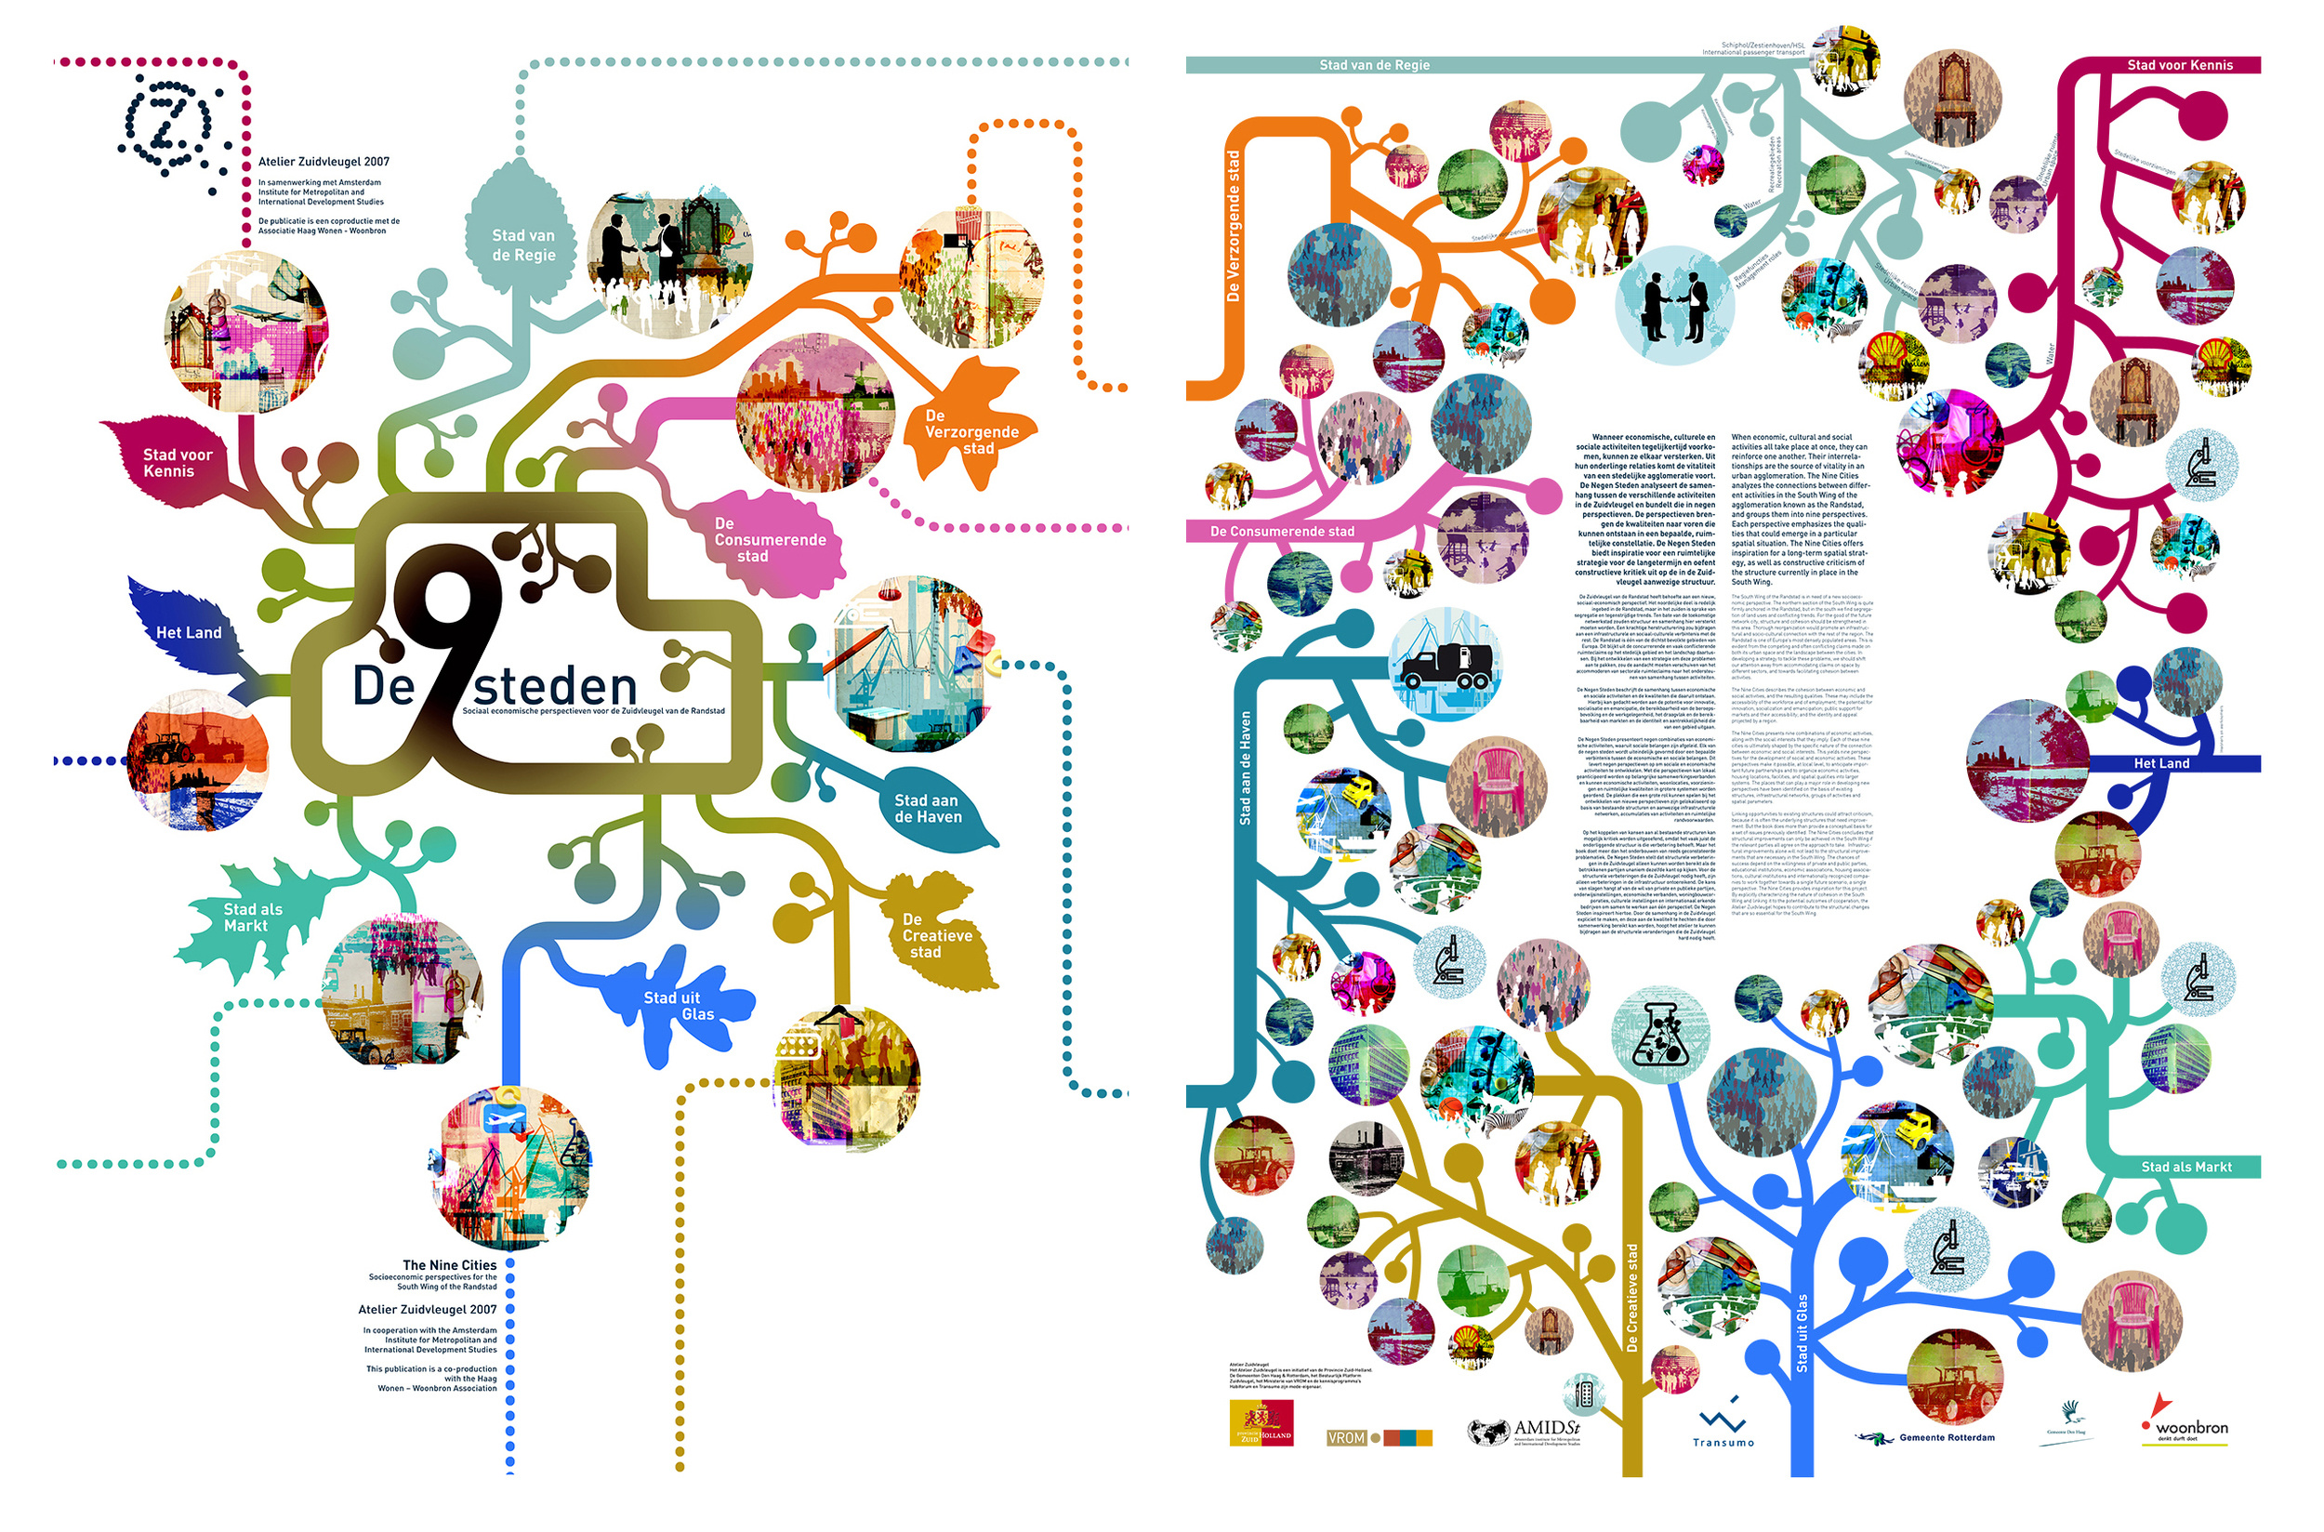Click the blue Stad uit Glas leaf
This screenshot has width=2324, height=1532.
pyautogui.click(x=679, y=1007)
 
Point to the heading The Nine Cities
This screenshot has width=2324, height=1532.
pyautogui.click(x=449, y=1264)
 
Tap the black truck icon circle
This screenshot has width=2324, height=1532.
pyautogui.click(x=1445, y=664)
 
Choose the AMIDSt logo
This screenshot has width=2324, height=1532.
pyautogui.click(x=1525, y=1432)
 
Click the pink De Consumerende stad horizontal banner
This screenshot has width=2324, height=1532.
pyautogui.click(x=1282, y=532)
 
